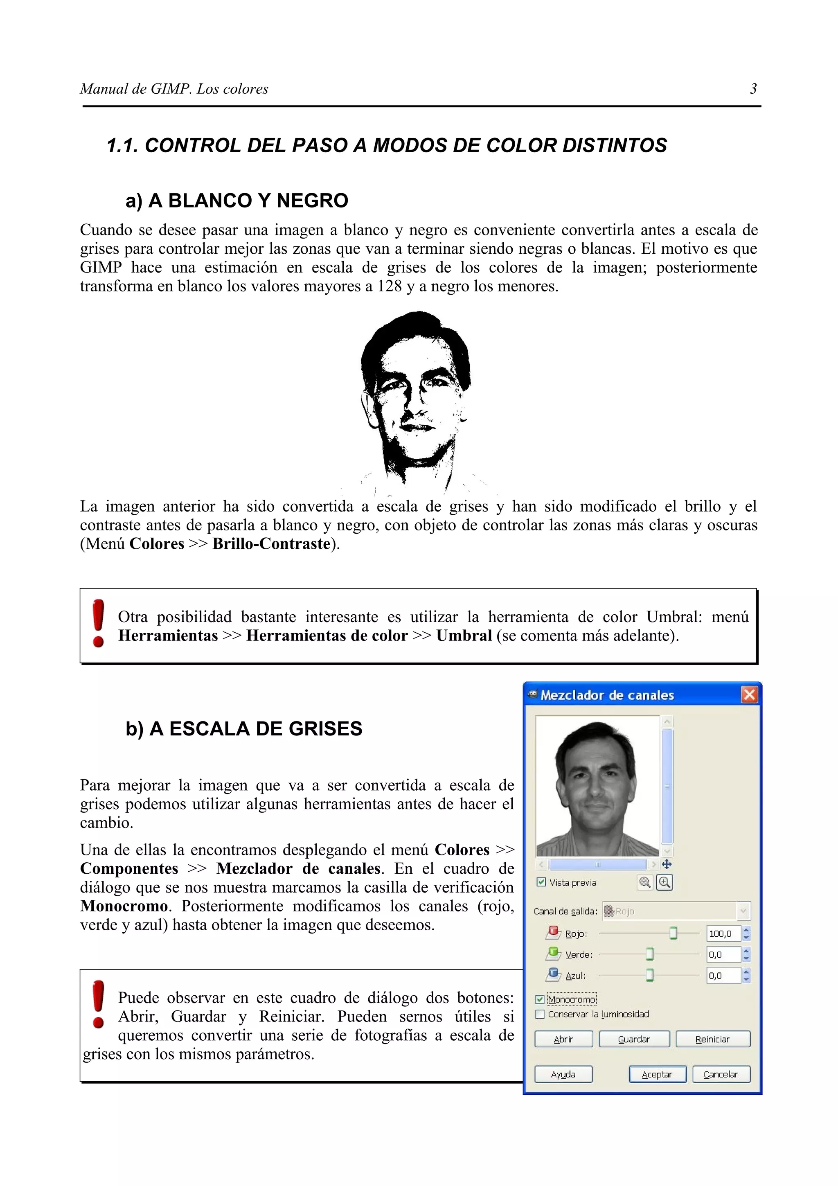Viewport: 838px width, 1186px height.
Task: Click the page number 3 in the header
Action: click(753, 89)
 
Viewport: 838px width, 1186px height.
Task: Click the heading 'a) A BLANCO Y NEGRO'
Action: click(237, 201)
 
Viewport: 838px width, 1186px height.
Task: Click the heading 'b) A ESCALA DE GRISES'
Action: click(244, 728)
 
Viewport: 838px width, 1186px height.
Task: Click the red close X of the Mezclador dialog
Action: click(749, 695)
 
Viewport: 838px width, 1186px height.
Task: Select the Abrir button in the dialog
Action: click(563, 1039)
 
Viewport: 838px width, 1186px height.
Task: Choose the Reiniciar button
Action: click(712, 1039)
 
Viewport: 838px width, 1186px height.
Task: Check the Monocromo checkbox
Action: click(540, 999)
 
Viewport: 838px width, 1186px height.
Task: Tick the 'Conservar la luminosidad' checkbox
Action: click(540, 1015)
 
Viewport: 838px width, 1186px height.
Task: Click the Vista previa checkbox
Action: click(541, 882)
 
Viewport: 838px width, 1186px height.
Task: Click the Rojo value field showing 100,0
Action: click(723, 934)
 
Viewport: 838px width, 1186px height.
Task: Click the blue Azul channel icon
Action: click(554, 975)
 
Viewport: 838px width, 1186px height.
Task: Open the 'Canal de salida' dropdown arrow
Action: click(743, 911)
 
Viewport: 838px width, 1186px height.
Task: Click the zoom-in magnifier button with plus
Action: click(665, 883)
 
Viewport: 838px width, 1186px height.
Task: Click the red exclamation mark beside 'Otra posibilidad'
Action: click(98, 623)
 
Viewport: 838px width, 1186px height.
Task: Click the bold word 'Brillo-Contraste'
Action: click(271, 544)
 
